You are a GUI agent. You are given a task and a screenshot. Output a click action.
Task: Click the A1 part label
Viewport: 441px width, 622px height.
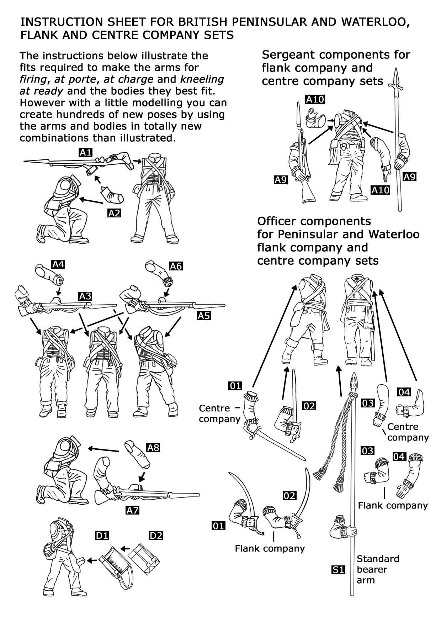click(85, 153)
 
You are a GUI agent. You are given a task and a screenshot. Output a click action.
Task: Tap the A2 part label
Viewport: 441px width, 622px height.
click(114, 213)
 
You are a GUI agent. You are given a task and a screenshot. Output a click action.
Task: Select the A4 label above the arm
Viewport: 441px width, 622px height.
click(58, 264)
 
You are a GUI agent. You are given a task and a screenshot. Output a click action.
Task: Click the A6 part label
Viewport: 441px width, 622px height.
click(176, 266)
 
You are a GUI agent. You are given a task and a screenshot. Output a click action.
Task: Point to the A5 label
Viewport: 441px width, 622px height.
click(204, 315)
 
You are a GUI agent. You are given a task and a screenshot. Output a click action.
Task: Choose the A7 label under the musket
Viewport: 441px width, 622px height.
click(132, 510)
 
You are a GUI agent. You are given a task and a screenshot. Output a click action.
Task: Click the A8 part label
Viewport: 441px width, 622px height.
click(153, 447)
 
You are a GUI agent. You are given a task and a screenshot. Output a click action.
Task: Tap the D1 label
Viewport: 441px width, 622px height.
click(102, 535)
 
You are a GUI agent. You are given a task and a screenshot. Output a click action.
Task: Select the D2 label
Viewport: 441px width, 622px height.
click(156, 535)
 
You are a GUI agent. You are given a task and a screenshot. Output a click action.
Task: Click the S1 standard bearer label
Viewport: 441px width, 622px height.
click(338, 570)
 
